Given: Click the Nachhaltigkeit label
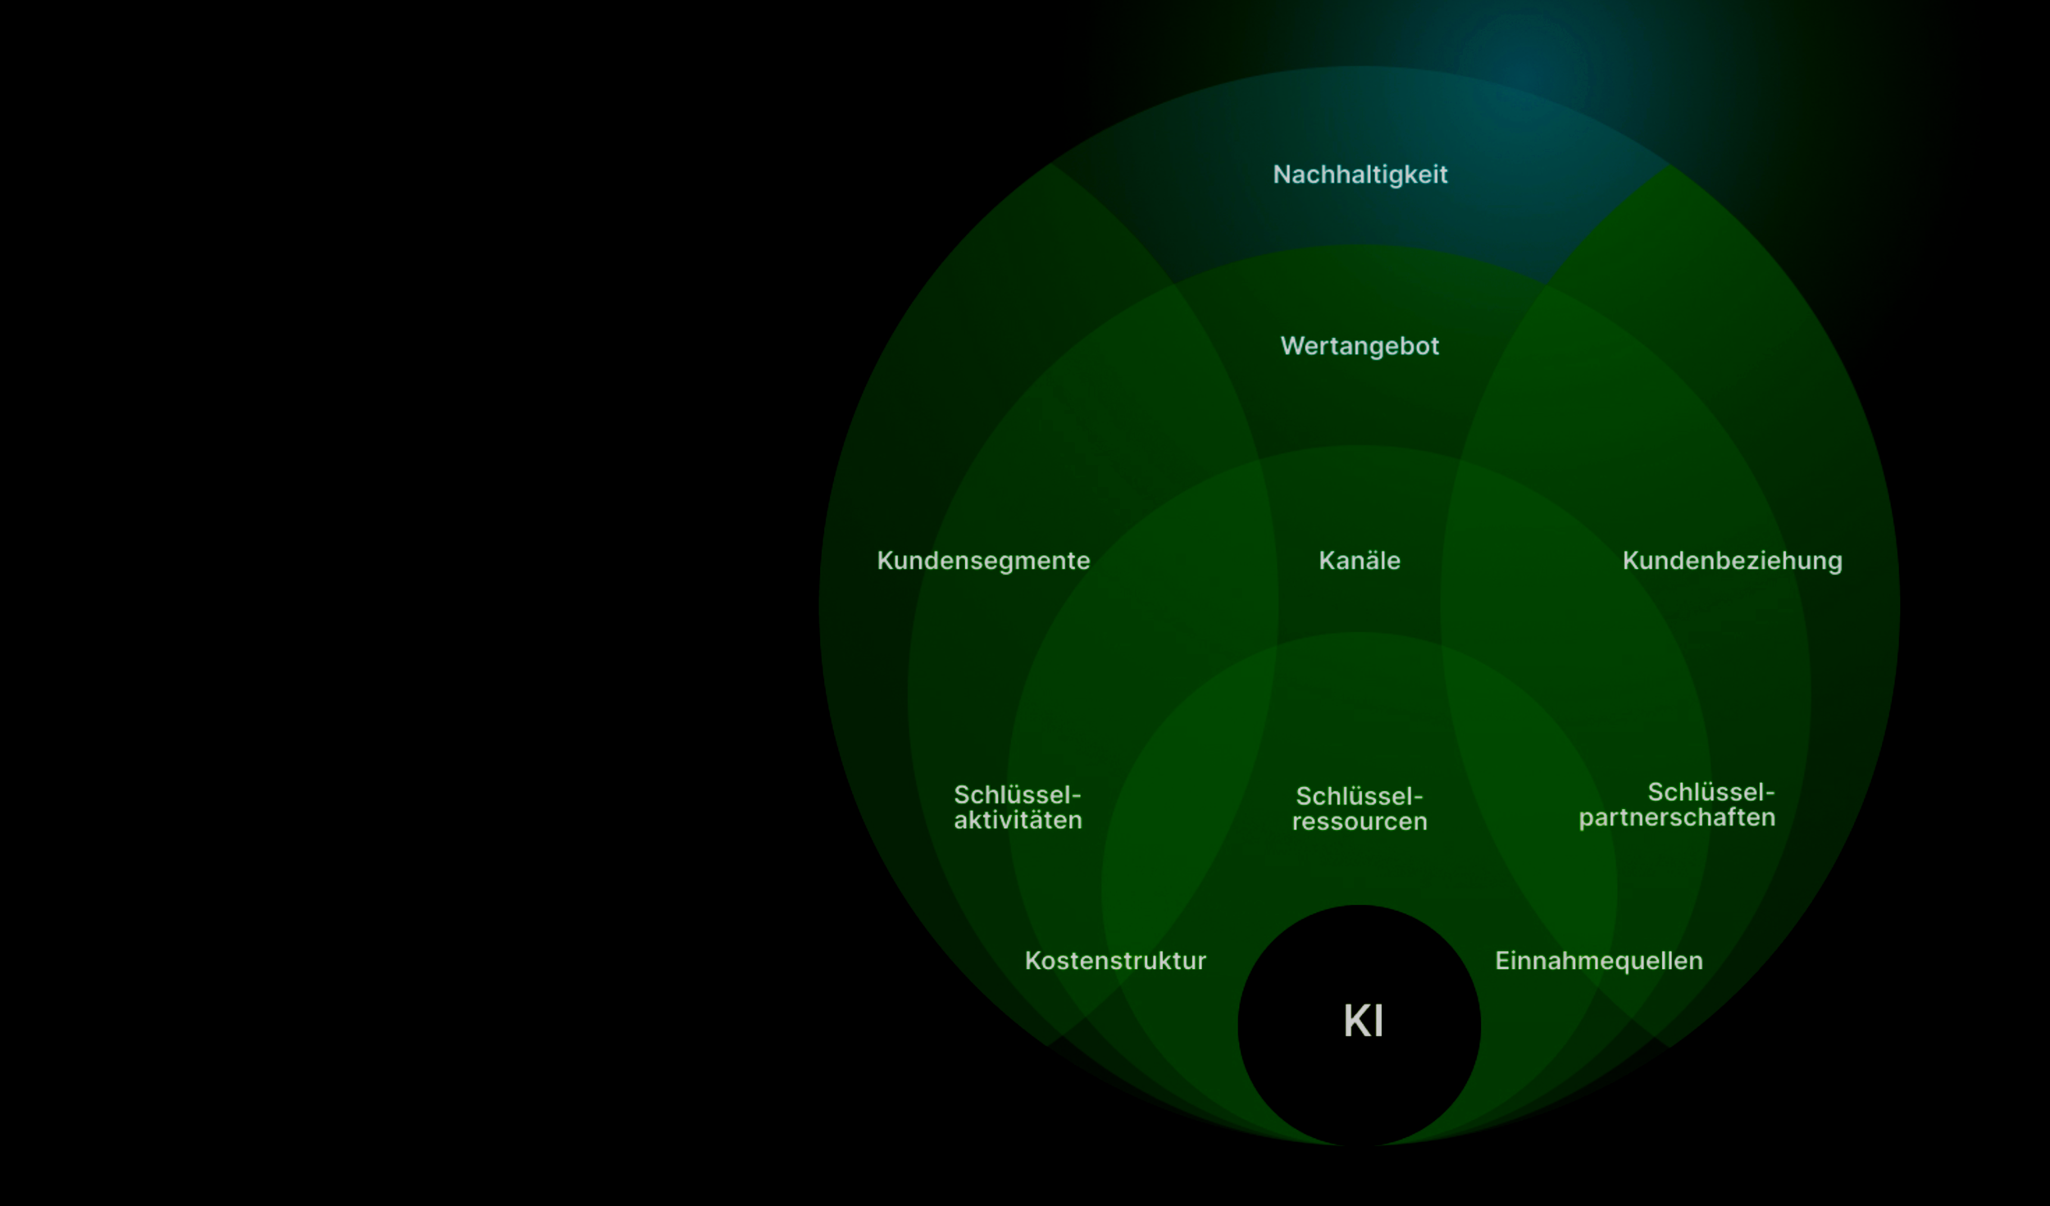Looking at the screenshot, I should coord(1360,175).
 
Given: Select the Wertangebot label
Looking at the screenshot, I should coord(1360,346).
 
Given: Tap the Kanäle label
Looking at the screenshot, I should coord(1360,561).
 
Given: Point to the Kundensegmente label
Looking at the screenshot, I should coord(983,561).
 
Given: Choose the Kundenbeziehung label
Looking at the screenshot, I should coord(1732,561).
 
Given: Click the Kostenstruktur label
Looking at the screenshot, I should coord(1115,961).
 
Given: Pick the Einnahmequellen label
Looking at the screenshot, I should coord(1598,961).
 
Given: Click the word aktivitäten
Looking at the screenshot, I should coord(1018,821).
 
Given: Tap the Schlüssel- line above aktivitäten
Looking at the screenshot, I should coord(1017,795).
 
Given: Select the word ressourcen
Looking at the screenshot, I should coord(1360,821).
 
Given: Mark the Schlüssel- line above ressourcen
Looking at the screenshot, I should coord(1359,797).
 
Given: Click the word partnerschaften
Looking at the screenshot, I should coord(1677,818).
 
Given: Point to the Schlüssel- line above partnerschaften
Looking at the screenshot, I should coord(1711,793).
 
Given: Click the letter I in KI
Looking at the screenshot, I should coord(1378,1022).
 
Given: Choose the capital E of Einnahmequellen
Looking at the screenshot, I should coord(1501,961).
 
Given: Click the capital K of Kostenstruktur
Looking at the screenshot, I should coord(1032,961).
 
